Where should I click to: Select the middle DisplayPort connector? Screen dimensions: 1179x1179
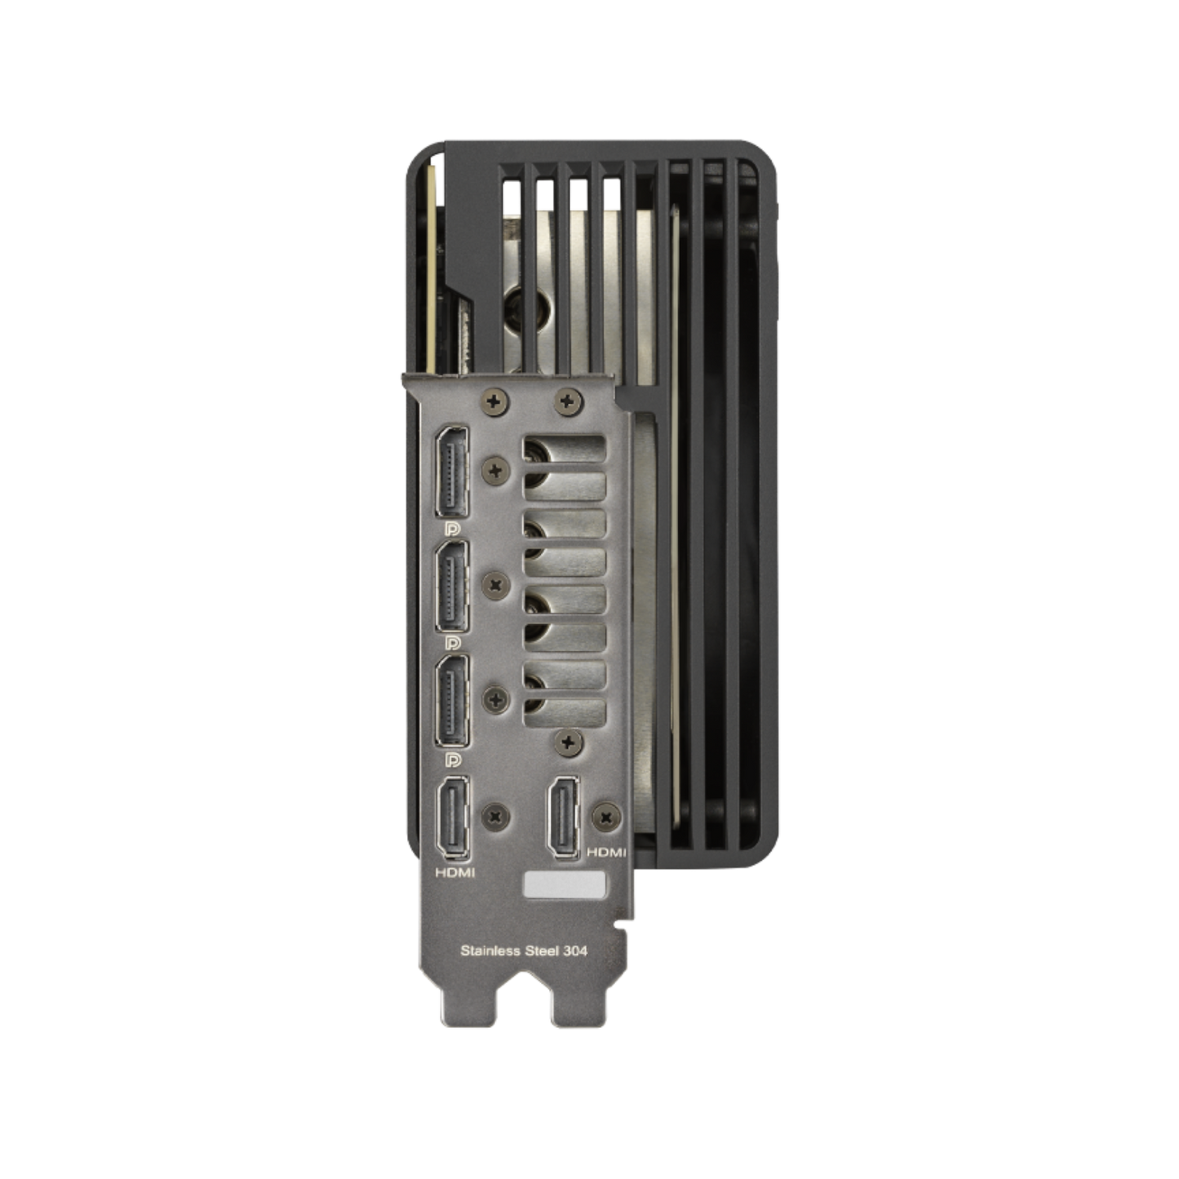pyautogui.click(x=451, y=587)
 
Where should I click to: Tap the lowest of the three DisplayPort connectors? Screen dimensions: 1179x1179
pyautogui.click(x=451, y=701)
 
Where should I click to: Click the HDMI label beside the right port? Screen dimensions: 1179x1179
pyautogui.click(x=606, y=853)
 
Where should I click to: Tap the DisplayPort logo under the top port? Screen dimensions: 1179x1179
pyautogui.click(x=454, y=527)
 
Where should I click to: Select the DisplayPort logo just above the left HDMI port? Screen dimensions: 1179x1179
pyautogui.click(x=454, y=759)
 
